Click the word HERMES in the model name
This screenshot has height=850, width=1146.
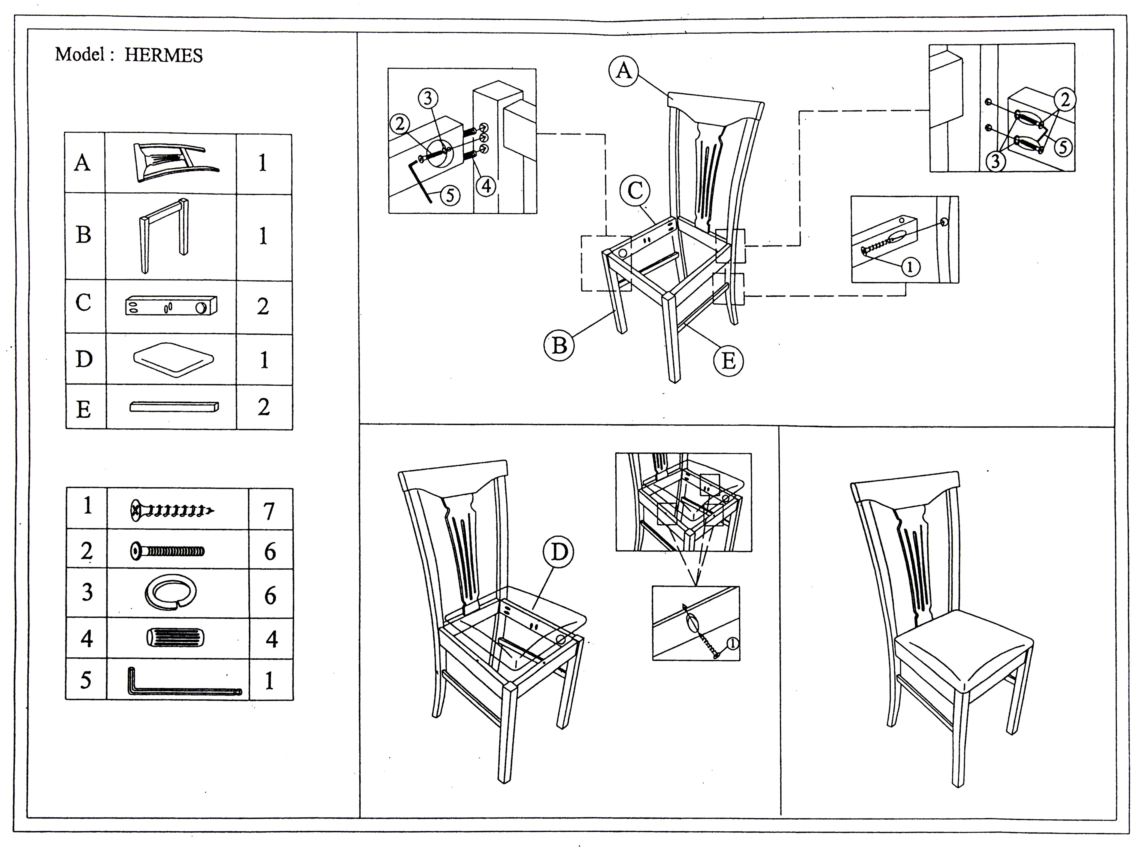click(163, 55)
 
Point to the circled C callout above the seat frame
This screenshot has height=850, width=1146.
click(635, 191)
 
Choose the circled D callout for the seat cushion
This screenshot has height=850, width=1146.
click(558, 552)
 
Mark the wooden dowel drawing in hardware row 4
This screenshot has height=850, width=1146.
click(175, 638)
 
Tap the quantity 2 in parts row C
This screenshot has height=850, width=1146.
click(263, 307)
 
